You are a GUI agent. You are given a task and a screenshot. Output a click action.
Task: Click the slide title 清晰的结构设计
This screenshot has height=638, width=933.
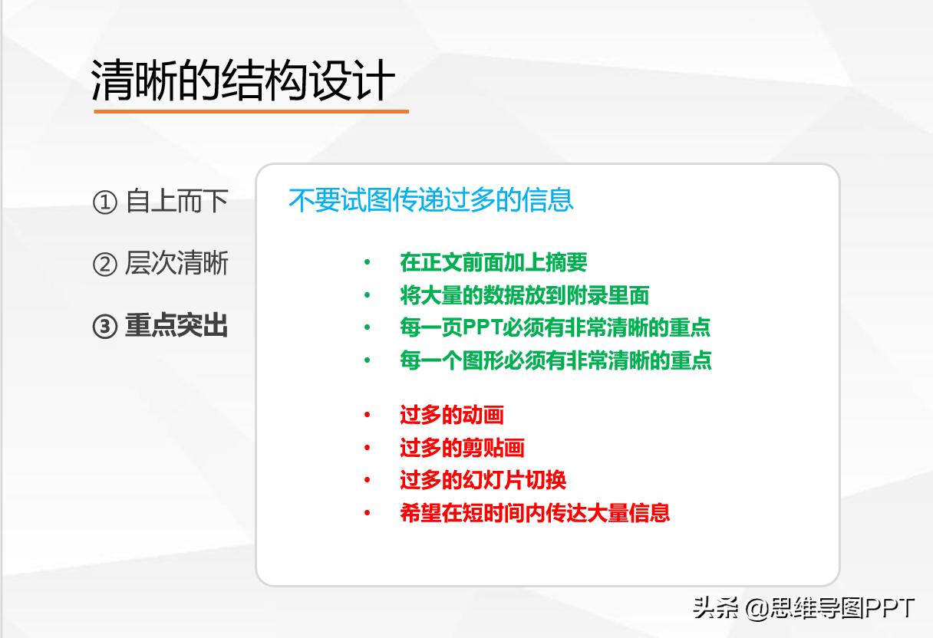243,81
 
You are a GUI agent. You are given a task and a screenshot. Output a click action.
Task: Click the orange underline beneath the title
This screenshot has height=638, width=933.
251,112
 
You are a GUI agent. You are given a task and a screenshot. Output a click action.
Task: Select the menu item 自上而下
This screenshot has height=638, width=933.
176,202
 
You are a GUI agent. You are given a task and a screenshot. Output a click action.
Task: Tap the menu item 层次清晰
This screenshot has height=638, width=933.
176,264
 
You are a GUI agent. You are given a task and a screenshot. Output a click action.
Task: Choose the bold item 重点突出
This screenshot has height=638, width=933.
176,327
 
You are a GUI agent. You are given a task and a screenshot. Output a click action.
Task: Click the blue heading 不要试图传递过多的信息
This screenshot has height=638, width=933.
431,200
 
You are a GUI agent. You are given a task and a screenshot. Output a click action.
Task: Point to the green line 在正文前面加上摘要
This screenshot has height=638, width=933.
493,262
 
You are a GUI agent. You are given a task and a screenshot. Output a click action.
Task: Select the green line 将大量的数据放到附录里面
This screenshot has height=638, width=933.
525,295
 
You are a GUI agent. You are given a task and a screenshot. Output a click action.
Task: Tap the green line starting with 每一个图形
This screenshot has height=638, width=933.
556,360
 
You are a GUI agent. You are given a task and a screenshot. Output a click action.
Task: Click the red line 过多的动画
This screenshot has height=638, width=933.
451,416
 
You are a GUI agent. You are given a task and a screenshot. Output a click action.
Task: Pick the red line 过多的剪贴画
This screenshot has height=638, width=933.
462,448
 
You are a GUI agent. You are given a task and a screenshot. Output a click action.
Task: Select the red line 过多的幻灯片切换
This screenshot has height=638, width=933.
483,481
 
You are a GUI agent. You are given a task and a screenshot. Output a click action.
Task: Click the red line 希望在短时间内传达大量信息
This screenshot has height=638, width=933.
535,513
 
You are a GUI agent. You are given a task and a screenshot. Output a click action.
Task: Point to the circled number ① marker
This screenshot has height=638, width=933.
104,203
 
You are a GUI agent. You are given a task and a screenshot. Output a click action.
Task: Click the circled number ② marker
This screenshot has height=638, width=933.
104,265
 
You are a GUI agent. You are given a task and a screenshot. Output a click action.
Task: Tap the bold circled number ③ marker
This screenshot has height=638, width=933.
104,327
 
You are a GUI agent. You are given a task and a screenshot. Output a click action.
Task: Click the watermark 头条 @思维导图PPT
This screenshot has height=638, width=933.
803,609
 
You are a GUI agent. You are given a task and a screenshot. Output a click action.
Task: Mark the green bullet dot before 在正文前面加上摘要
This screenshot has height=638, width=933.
368,263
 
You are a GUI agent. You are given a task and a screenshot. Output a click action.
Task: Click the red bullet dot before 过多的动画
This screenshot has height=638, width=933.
368,416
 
